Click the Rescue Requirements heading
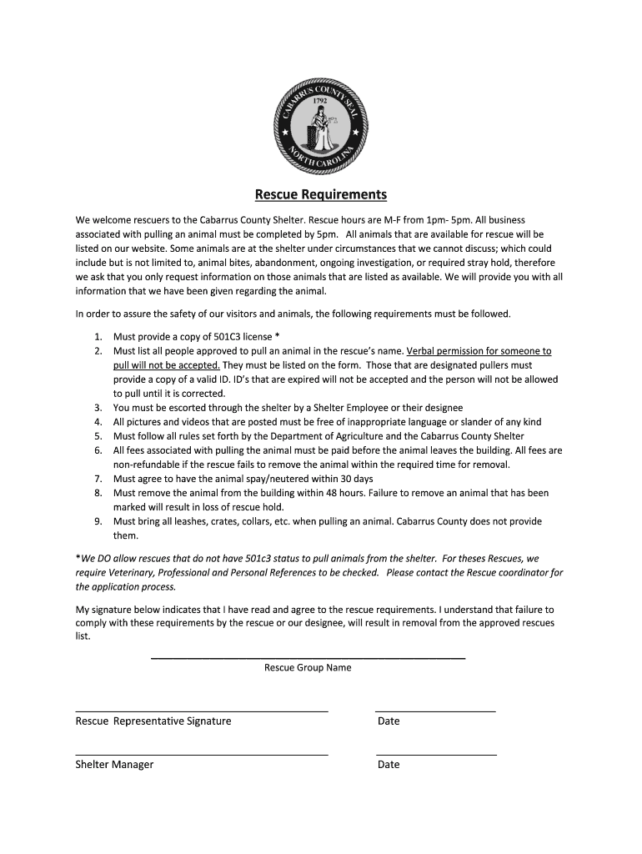(320, 195)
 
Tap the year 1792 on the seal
(319, 100)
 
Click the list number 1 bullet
(98, 337)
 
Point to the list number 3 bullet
(98, 408)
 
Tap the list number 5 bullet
(98, 436)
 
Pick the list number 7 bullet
(98, 479)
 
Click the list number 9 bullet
(98, 521)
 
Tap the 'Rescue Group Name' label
(308, 667)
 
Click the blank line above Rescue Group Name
(308, 659)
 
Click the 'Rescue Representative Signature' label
(153, 721)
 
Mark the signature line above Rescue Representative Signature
(201, 711)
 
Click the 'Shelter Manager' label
(114, 764)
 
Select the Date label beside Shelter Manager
(389, 764)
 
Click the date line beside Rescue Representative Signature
(435, 711)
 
